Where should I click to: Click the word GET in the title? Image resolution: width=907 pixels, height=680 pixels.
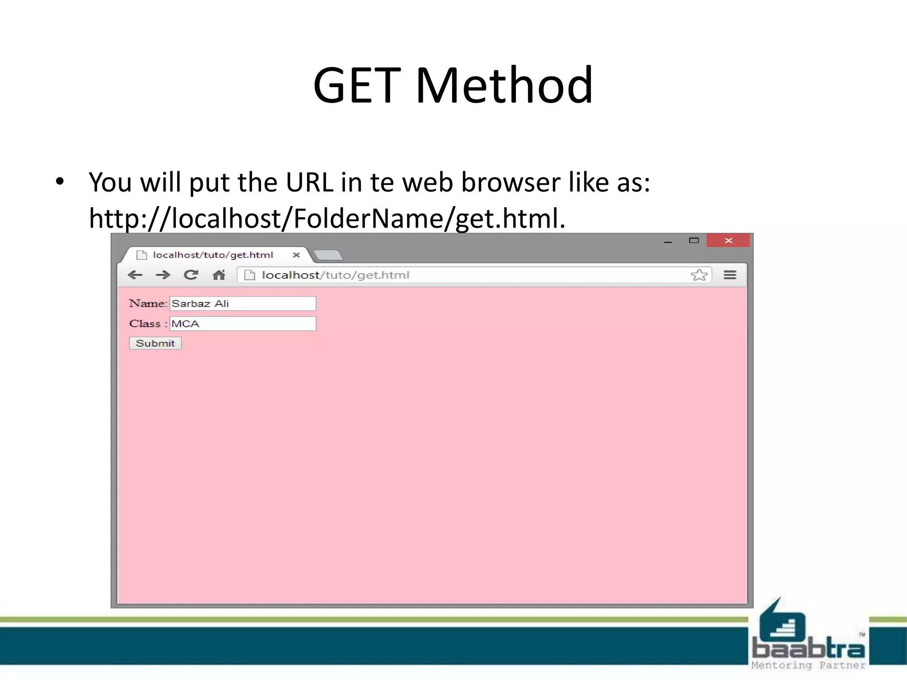click(357, 85)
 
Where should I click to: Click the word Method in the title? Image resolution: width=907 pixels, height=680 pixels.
click(504, 85)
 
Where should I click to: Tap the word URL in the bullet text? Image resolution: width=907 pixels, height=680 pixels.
click(309, 182)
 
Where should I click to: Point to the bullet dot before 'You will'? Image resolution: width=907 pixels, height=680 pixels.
click(60, 181)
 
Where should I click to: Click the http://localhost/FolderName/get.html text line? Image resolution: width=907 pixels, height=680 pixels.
click(327, 218)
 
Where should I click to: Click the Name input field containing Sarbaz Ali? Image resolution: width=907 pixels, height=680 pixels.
click(243, 304)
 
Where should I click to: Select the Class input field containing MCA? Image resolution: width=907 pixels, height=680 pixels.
click(243, 324)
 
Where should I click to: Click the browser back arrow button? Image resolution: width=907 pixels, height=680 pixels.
click(135, 275)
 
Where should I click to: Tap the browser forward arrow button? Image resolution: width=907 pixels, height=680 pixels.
click(163, 275)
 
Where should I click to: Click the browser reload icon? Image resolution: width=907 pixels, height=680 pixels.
click(191, 275)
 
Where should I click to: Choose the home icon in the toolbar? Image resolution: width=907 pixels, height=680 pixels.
click(219, 275)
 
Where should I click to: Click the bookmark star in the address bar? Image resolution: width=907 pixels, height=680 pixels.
click(699, 275)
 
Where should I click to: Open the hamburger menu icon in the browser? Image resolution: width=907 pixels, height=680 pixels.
click(730, 275)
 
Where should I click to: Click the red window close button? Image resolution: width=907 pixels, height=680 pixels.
click(728, 240)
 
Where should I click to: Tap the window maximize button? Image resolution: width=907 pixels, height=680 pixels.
click(694, 240)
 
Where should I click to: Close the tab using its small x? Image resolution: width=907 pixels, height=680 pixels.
click(296, 255)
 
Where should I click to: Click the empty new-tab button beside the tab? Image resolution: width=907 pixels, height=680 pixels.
click(328, 255)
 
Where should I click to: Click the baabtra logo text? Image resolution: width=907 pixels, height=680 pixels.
click(808, 649)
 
